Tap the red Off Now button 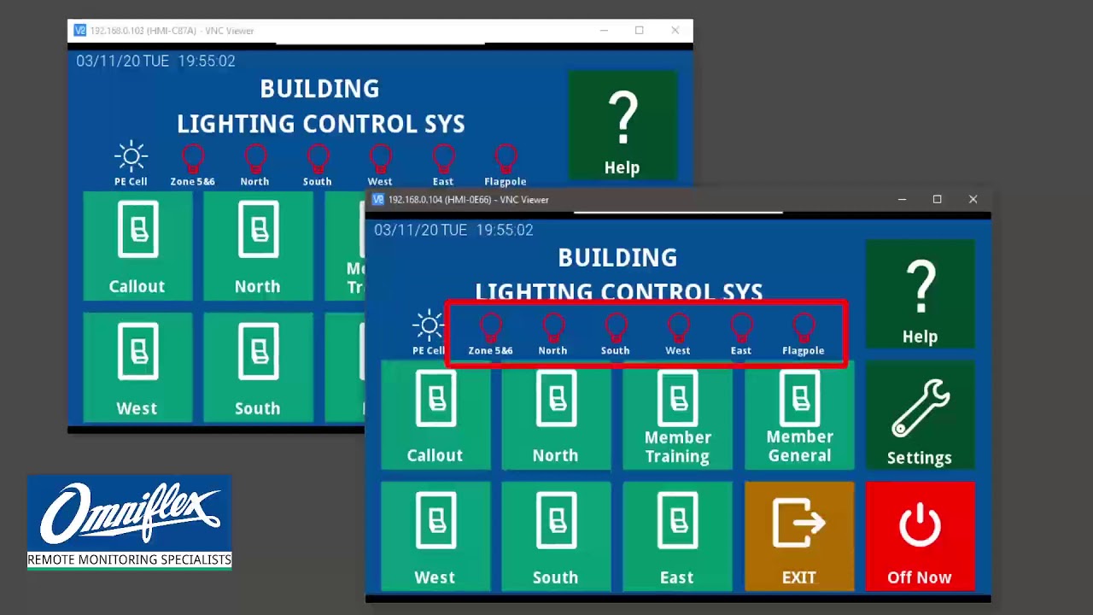coord(920,536)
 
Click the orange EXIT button coord(799,536)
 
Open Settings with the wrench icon coord(920,415)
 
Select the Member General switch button coord(799,415)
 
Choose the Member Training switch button coord(677,415)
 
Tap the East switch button coord(677,536)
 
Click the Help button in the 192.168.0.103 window coord(622,126)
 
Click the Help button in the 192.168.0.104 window coord(920,294)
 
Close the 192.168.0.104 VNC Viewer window coord(973,199)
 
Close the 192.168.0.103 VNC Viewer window coord(675,31)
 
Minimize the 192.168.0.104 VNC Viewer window coord(902,199)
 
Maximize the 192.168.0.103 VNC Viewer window coord(639,31)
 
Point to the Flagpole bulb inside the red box coord(804,327)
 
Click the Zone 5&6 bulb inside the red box coord(490,327)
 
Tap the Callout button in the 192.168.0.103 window coord(137,246)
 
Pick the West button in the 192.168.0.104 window coord(435,536)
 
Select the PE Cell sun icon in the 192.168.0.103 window coord(131,157)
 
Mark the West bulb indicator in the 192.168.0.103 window coord(380,158)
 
